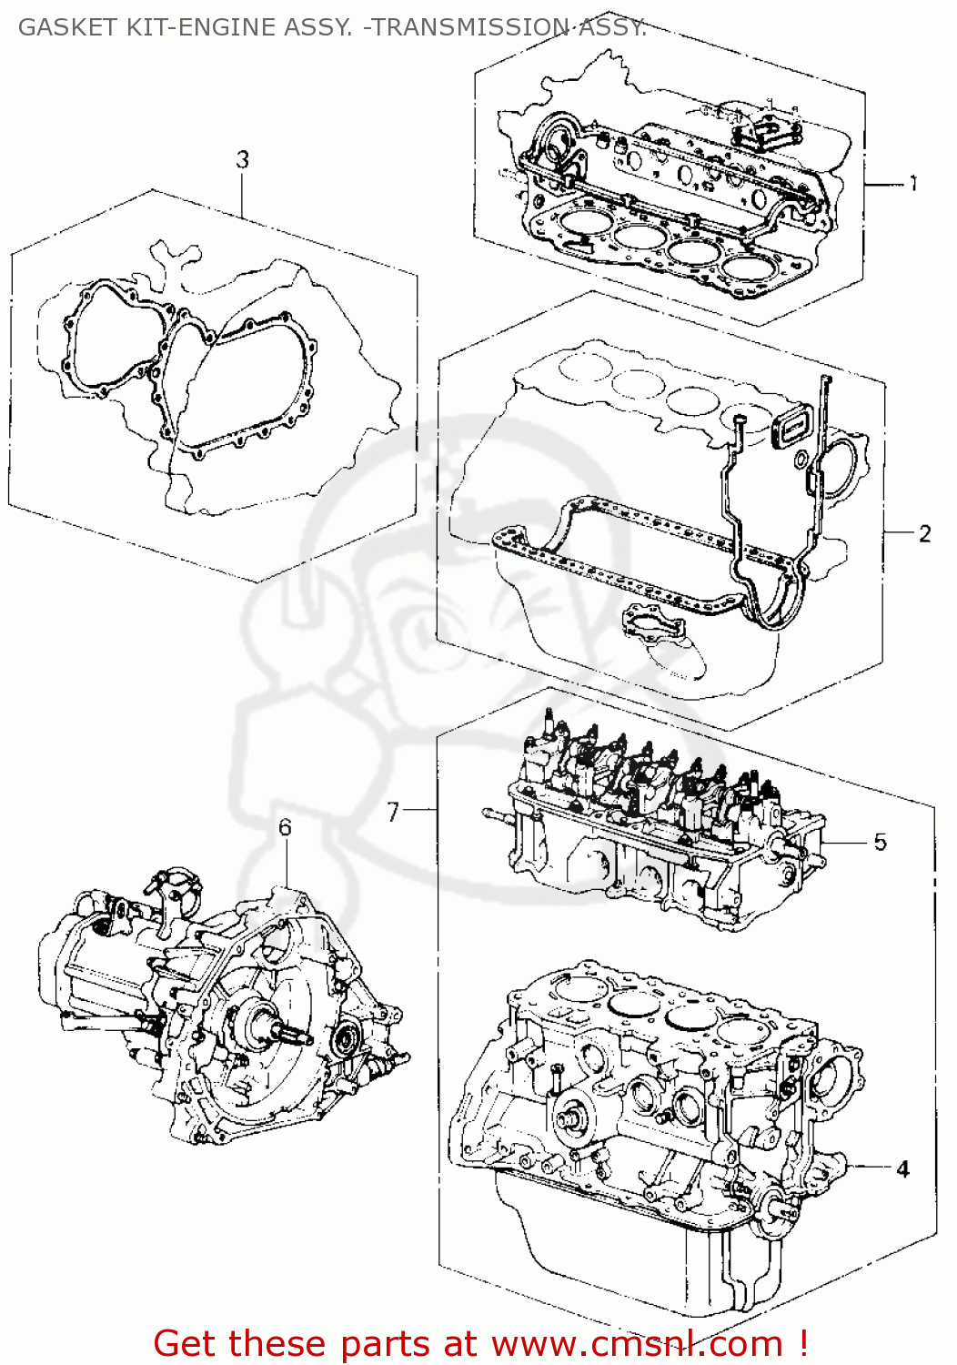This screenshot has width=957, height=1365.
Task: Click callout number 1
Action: click(913, 184)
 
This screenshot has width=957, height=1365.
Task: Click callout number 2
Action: click(924, 533)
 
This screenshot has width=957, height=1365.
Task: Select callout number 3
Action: click(242, 160)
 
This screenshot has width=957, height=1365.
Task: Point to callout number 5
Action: click(880, 842)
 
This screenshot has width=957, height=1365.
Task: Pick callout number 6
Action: click(285, 827)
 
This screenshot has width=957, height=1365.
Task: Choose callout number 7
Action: click(393, 811)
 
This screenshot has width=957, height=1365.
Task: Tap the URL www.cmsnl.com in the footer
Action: click(637, 1343)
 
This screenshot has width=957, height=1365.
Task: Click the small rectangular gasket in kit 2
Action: click(789, 426)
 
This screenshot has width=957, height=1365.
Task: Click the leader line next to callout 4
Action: click(869, 1166)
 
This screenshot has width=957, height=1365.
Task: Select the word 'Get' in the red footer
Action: click(186, 1343)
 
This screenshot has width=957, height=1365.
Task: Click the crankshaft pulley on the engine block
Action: click(571, 1116)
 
